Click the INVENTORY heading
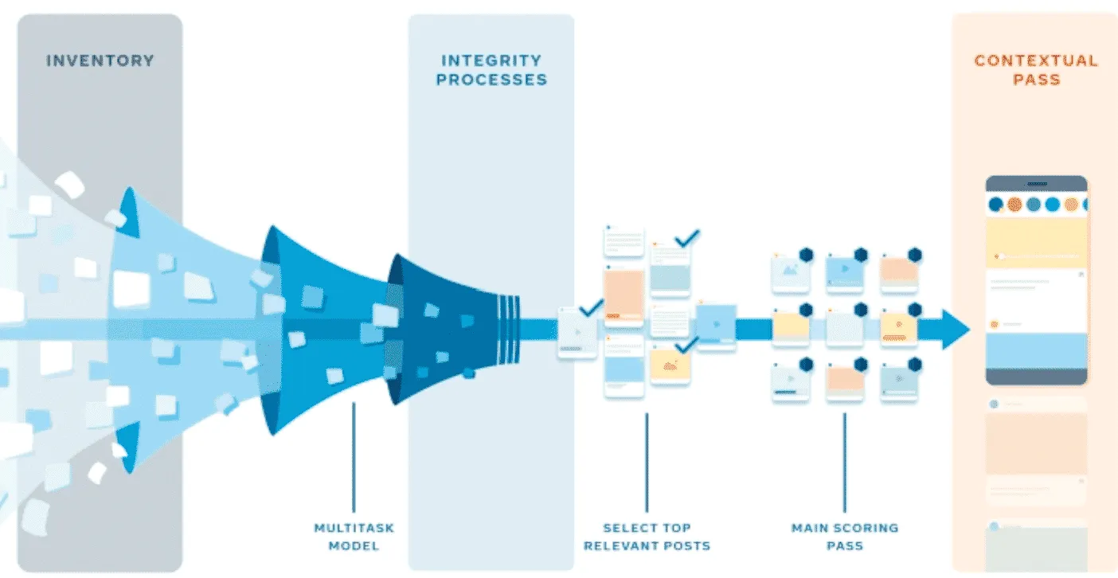[x=100, y=61]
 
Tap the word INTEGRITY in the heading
[x=491, y=61]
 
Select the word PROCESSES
[x=491, y=80]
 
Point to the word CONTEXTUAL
[x=1035, y=61]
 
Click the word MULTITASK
[x=354, y=528]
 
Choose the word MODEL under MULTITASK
[x=354, y=546]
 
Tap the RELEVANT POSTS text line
[x=647, y=546]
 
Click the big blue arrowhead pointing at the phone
[x=955, y=329]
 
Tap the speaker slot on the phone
[x=1036, y=183]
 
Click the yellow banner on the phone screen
[x=1036, y=243]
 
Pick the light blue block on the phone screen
[x=1036, y=350]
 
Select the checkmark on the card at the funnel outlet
[x=591, y=307]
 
